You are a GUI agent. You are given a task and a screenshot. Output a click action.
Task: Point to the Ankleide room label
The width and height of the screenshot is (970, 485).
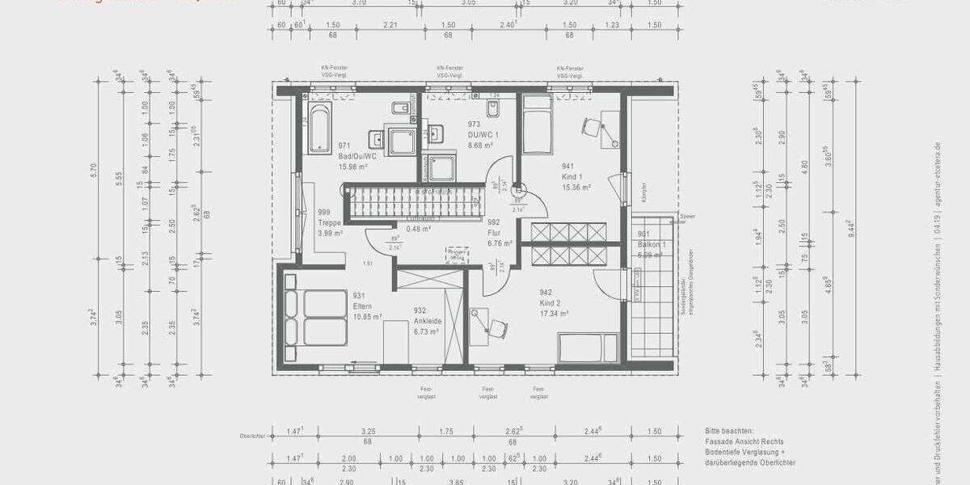[426, 321]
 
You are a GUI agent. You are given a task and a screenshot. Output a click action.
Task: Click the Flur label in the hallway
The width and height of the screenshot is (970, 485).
[495, 231]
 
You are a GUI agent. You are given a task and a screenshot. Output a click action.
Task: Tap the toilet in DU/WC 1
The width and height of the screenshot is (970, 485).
[493, 109]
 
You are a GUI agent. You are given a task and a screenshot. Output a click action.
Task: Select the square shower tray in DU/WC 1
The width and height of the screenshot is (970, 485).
[441, 168]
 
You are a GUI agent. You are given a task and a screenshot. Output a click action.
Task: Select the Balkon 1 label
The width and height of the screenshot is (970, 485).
[652, 244]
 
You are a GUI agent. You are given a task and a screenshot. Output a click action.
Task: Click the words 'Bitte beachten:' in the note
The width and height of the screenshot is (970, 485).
[728, 432]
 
